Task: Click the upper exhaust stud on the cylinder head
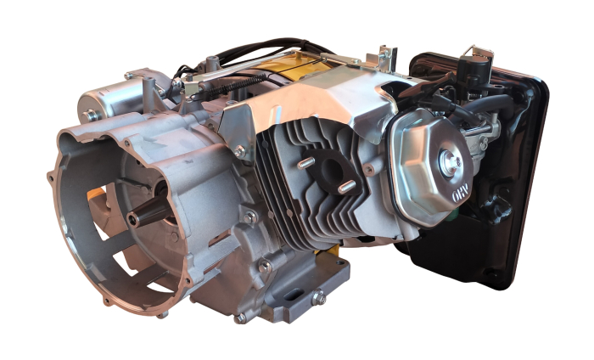coord(306,159)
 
